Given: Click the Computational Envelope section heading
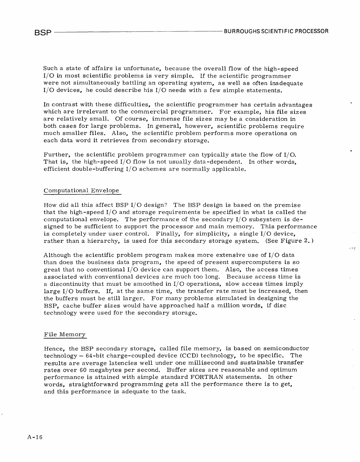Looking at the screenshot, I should (81, 190).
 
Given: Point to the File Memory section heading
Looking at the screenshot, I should (65, 334).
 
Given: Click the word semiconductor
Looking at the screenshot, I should (286, 348).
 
